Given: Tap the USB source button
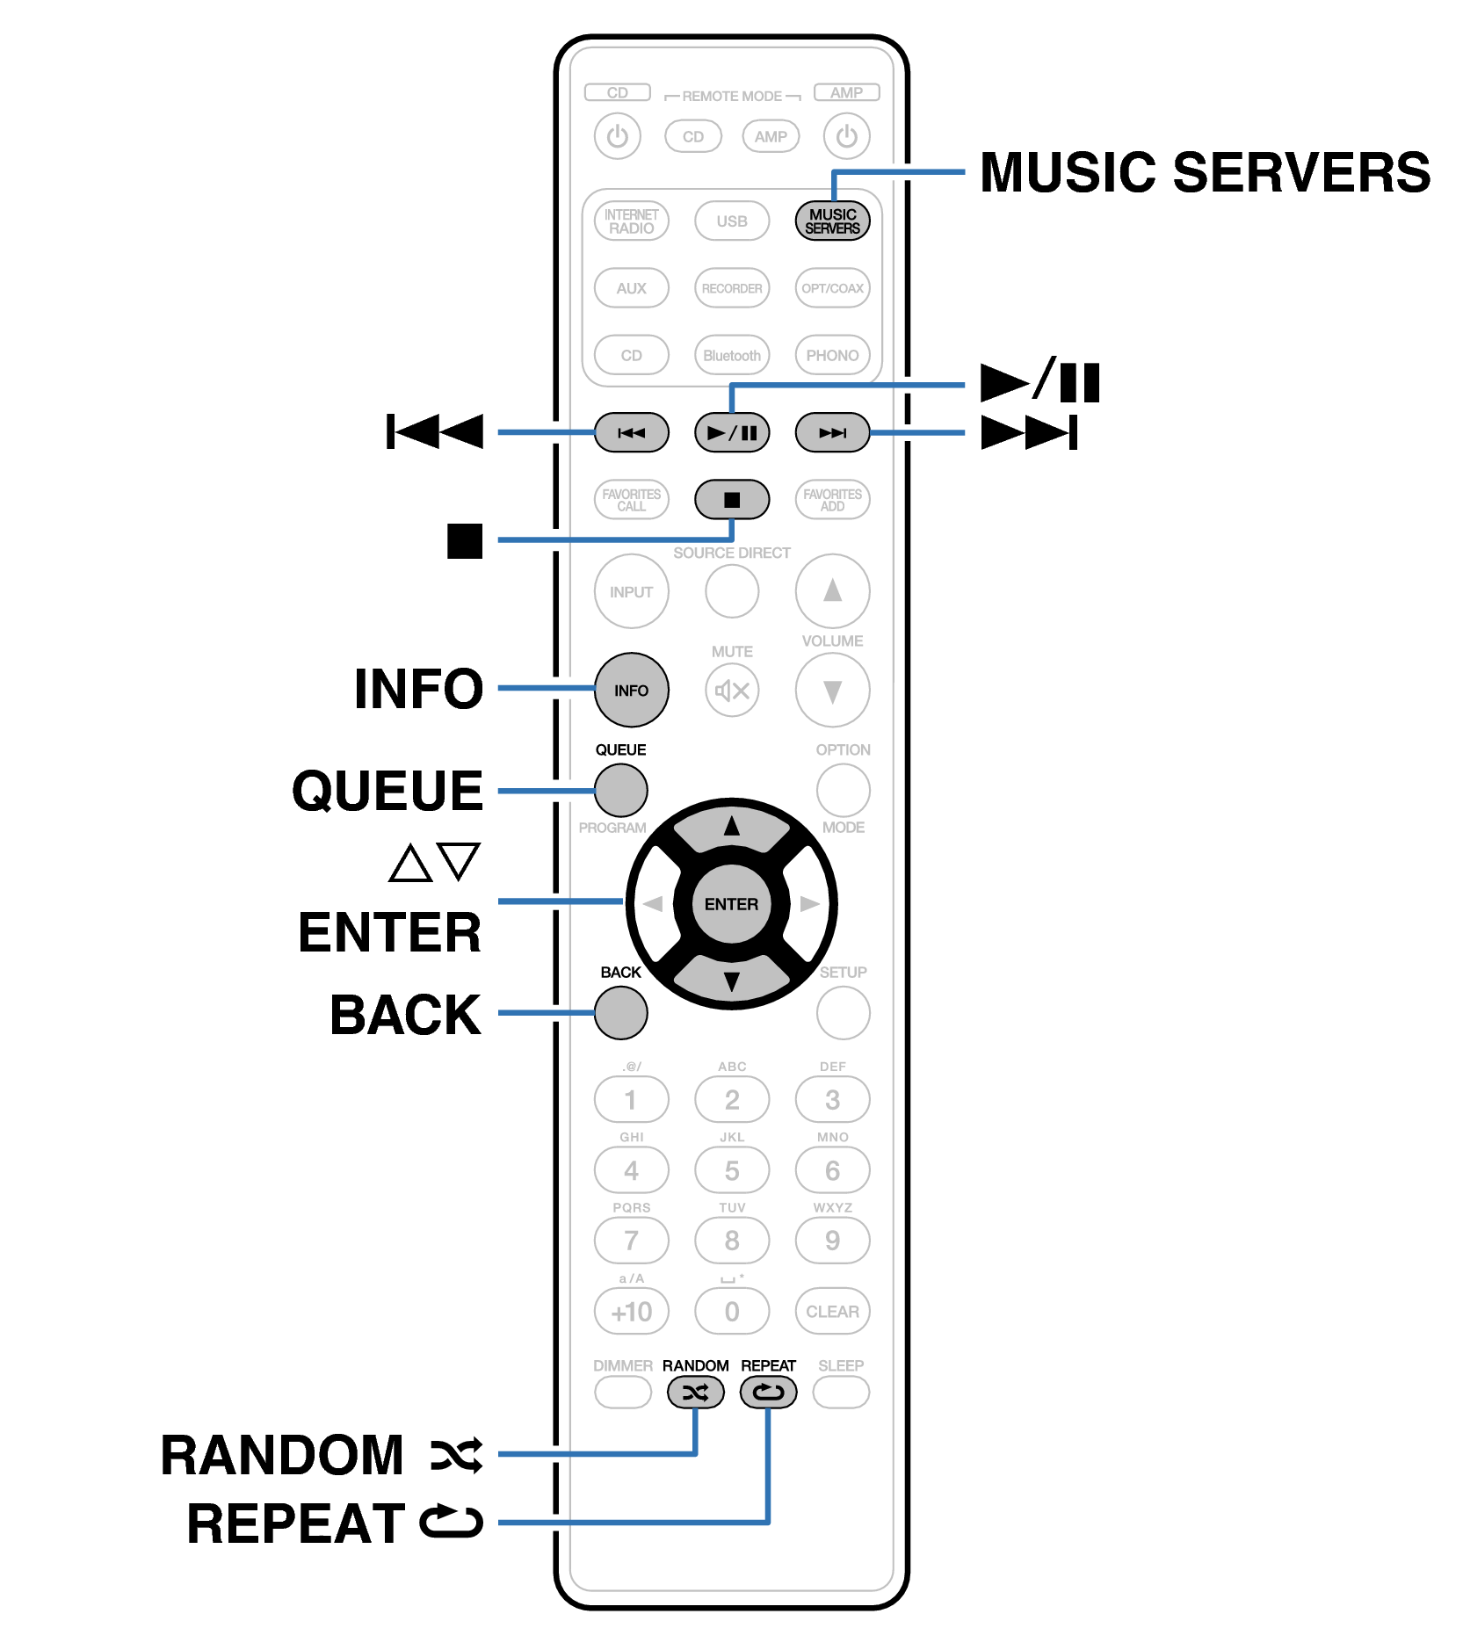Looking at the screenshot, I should coord(731,221).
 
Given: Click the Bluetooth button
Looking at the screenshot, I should coord(731,355).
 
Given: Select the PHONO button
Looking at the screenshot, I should coord(832,355).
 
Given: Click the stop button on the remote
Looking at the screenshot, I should coord(731,500).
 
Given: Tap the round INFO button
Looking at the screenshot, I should coord(631,691).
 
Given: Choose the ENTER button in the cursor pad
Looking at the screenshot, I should coord(731,904).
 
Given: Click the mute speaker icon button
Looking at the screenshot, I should coord(731,691).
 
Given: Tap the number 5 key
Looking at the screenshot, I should coord(731,1170).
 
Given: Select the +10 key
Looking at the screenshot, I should coord(631,1312).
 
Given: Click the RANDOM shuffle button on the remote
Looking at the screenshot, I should coord(695,1393).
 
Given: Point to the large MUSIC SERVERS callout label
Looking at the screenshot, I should coord(1205,172).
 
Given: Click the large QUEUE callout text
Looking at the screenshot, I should coord(387,791).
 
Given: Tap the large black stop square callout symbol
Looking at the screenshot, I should coord(465,541).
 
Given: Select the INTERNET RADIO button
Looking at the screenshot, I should coord(631,221).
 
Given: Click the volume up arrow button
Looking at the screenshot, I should coord(832,591).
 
